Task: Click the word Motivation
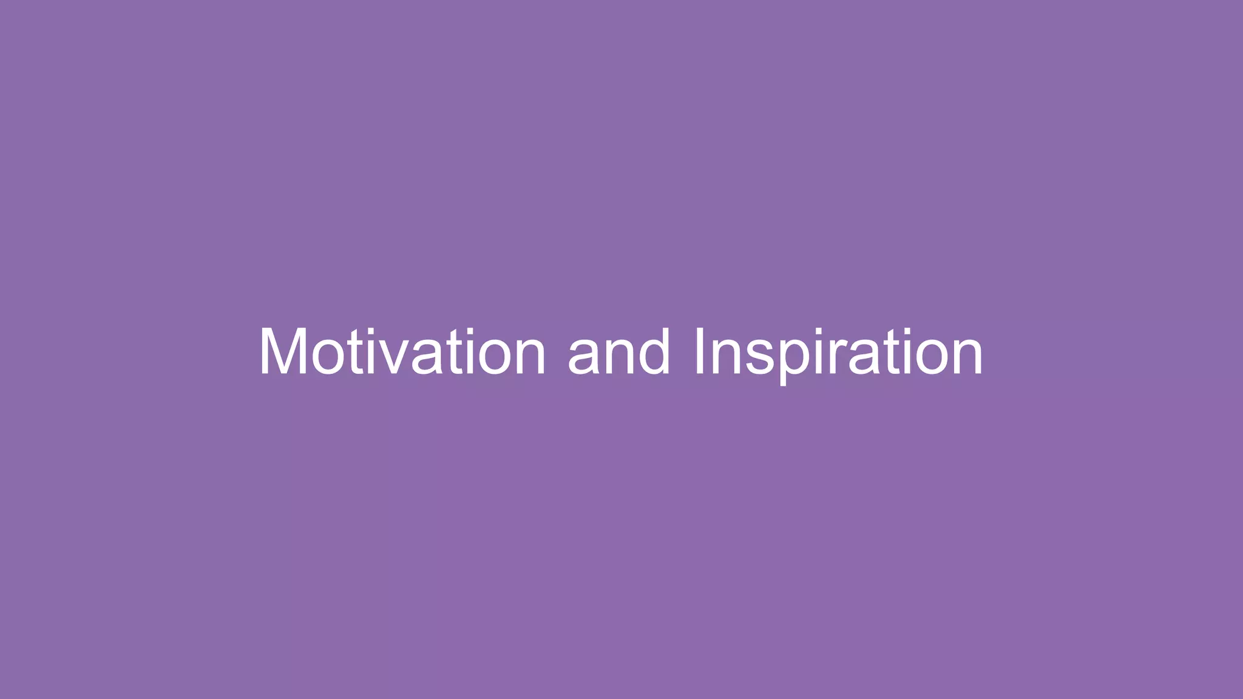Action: (402, 352)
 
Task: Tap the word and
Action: (619, 352)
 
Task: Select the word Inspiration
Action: (838, 352)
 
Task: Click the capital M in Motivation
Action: (283, 352)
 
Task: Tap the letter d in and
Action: (653, 352)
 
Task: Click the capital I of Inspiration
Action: (699, 352)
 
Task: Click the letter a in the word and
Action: (584, 358)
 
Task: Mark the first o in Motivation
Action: (328, 358)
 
